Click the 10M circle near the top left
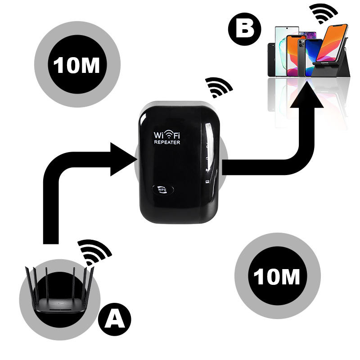coord(77,66)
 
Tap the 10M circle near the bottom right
coord(277,277)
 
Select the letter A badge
coord(115,319)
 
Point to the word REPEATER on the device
coord(167,142)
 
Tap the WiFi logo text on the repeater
coord(167,134)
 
